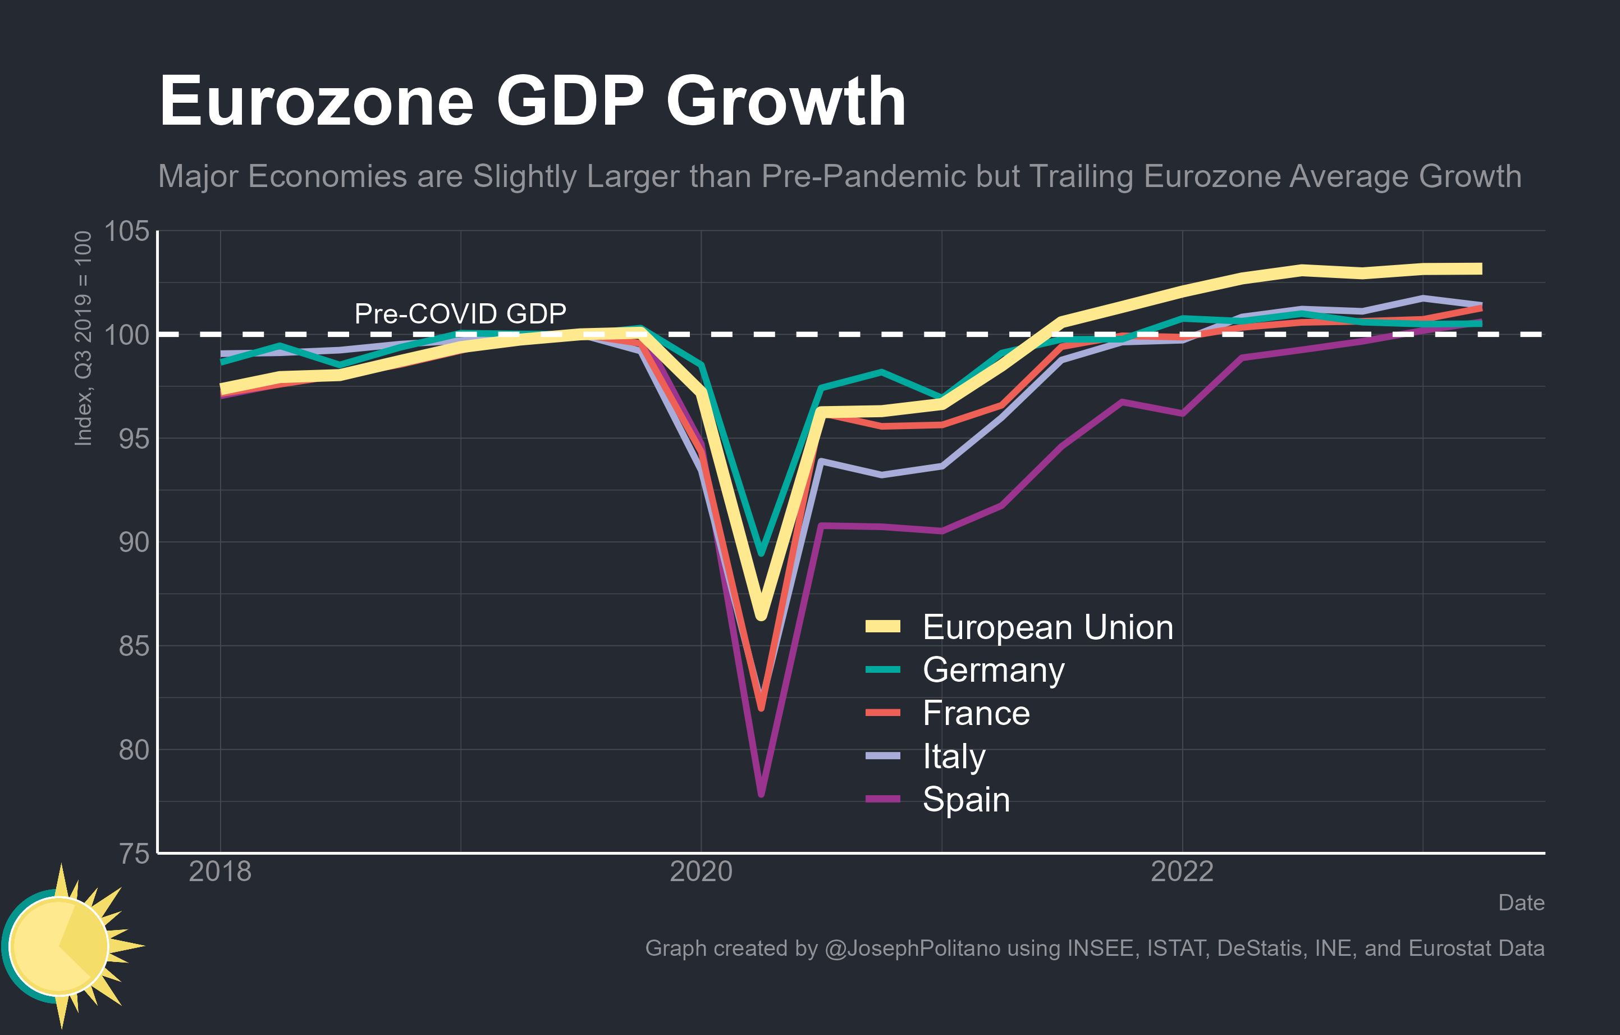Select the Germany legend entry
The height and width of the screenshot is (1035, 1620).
993,671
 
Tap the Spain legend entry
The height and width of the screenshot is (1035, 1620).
965,800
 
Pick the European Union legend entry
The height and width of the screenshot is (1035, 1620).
1047,627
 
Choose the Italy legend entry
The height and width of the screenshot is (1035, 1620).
953,756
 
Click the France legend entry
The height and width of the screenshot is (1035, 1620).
976,713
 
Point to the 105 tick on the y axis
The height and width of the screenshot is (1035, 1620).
126,231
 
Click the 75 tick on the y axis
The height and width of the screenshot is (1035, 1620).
134,853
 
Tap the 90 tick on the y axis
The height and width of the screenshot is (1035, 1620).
134,542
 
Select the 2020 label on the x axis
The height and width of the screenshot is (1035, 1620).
701,872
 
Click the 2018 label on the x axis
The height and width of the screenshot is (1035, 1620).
220,872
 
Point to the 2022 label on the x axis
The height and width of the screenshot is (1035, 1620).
1182,872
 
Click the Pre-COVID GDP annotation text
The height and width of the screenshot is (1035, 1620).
460,313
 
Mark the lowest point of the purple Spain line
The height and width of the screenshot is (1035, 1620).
761,795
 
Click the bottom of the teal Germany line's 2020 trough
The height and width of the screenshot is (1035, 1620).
761,553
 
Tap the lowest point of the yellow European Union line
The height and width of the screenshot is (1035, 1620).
761,615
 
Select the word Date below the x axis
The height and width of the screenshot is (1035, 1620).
1521,902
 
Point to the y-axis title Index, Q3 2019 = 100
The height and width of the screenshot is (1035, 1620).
83,339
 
